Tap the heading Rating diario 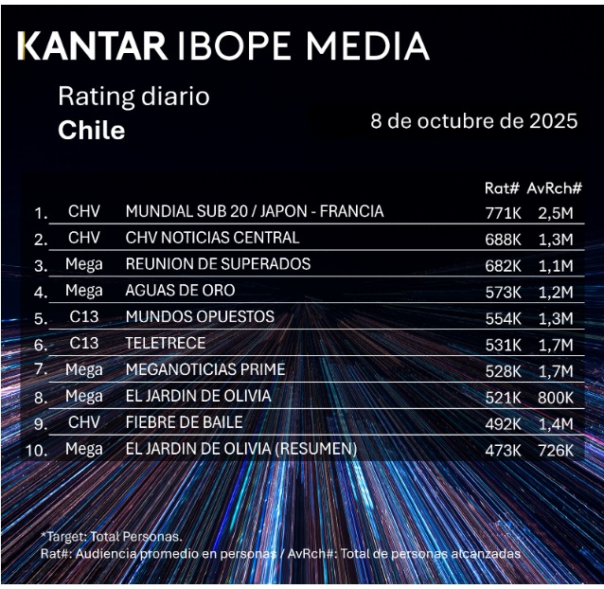(x=133, y=97)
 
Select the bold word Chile (x=91, y=130)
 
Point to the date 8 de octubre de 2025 (x=473, y=122)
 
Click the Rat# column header (x=503, y=188)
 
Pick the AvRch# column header (x=554, y=188)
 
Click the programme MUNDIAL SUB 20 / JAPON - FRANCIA (x=255, y=211)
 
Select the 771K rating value (x=503, y=212)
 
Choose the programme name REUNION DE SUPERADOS (x=218, y=263)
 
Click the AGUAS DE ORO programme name (x=180, y=290)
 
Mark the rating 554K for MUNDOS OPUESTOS (x=503, y=317)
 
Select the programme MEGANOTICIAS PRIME (x=205, y=369)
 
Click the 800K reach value (x=555, y=396)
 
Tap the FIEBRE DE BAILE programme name (x=184, y=422)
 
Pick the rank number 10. (x=36, y=450)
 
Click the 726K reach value (x=555, y=449)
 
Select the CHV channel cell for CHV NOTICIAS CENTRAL (x=83, y=238)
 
